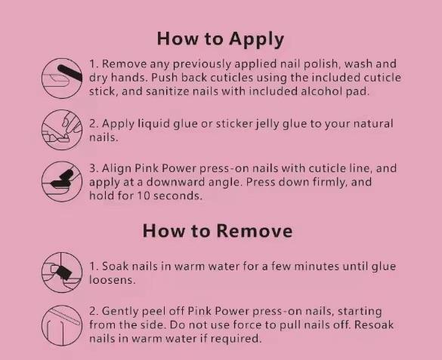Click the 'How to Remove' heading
(x=217, y=229)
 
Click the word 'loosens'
(x=112, y=279)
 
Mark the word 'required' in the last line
(x=237, y=338)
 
